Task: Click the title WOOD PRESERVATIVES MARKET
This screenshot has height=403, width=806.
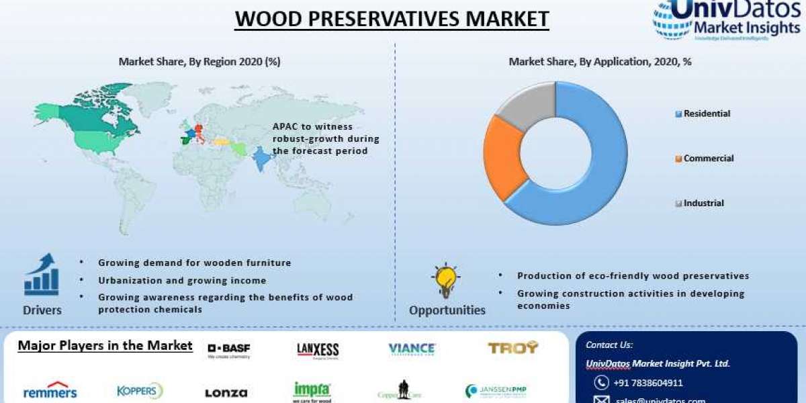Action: pos(392,18)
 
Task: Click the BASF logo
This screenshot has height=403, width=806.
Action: pos(228,349)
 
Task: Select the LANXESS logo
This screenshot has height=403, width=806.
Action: pos(318,350)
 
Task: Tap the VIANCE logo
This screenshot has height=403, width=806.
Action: pos(412,349)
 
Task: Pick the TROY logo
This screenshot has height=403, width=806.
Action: pos(512,347)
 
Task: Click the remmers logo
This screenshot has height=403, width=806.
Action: pos(50,392)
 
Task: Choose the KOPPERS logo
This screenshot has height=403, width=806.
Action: pos(140,391)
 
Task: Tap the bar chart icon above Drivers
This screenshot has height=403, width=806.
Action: pos(42,275)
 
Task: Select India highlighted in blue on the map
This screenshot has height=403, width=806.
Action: pos(263,160)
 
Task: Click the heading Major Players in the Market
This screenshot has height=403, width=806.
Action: pos(105,346)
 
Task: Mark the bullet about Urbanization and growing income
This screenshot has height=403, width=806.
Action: pos(182,280)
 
